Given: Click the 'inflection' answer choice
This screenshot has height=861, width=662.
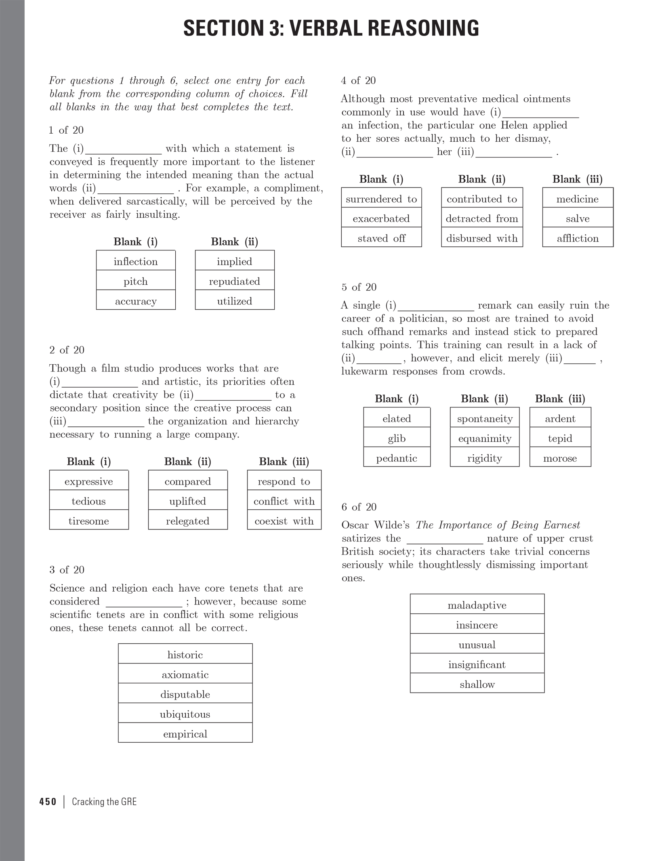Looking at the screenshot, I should (x=136, y=261).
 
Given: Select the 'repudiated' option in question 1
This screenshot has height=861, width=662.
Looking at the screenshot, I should (x=235, y=281).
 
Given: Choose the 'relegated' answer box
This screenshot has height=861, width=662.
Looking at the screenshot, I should (x=188, y=521).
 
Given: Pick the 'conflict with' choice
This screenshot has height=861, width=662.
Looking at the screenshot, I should (x=284, y=501).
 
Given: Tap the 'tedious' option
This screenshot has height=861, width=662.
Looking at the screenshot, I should (x=89, y=501).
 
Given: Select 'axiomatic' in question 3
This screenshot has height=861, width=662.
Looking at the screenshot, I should (x=185, y=674).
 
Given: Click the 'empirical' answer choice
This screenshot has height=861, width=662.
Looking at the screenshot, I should (x=185, y=733).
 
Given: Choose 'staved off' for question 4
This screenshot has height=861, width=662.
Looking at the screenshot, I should (x=381, y=238).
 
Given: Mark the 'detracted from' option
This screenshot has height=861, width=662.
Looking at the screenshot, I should (x=482, y=218).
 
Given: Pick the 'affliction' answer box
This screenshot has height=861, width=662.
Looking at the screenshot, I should (x=578, y=238).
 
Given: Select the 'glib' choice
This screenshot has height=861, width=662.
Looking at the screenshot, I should (x=397, y=438).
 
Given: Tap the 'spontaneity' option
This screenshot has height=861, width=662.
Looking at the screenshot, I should (x=485, y=418).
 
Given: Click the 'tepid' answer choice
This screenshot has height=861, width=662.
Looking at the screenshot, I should (x=560, y=438).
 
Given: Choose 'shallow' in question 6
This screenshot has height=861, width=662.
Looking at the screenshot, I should (x=477, y=684).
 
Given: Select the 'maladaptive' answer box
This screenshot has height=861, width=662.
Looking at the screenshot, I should (x=477, y=605).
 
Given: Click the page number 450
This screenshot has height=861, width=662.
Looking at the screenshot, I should (x=48, y=802).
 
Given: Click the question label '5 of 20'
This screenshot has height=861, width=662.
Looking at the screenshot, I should (x=359, y=287).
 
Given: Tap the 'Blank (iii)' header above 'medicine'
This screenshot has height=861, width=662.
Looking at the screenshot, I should (x=578, y=179).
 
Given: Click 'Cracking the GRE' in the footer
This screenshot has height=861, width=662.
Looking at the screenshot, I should (x=104, y=802).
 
